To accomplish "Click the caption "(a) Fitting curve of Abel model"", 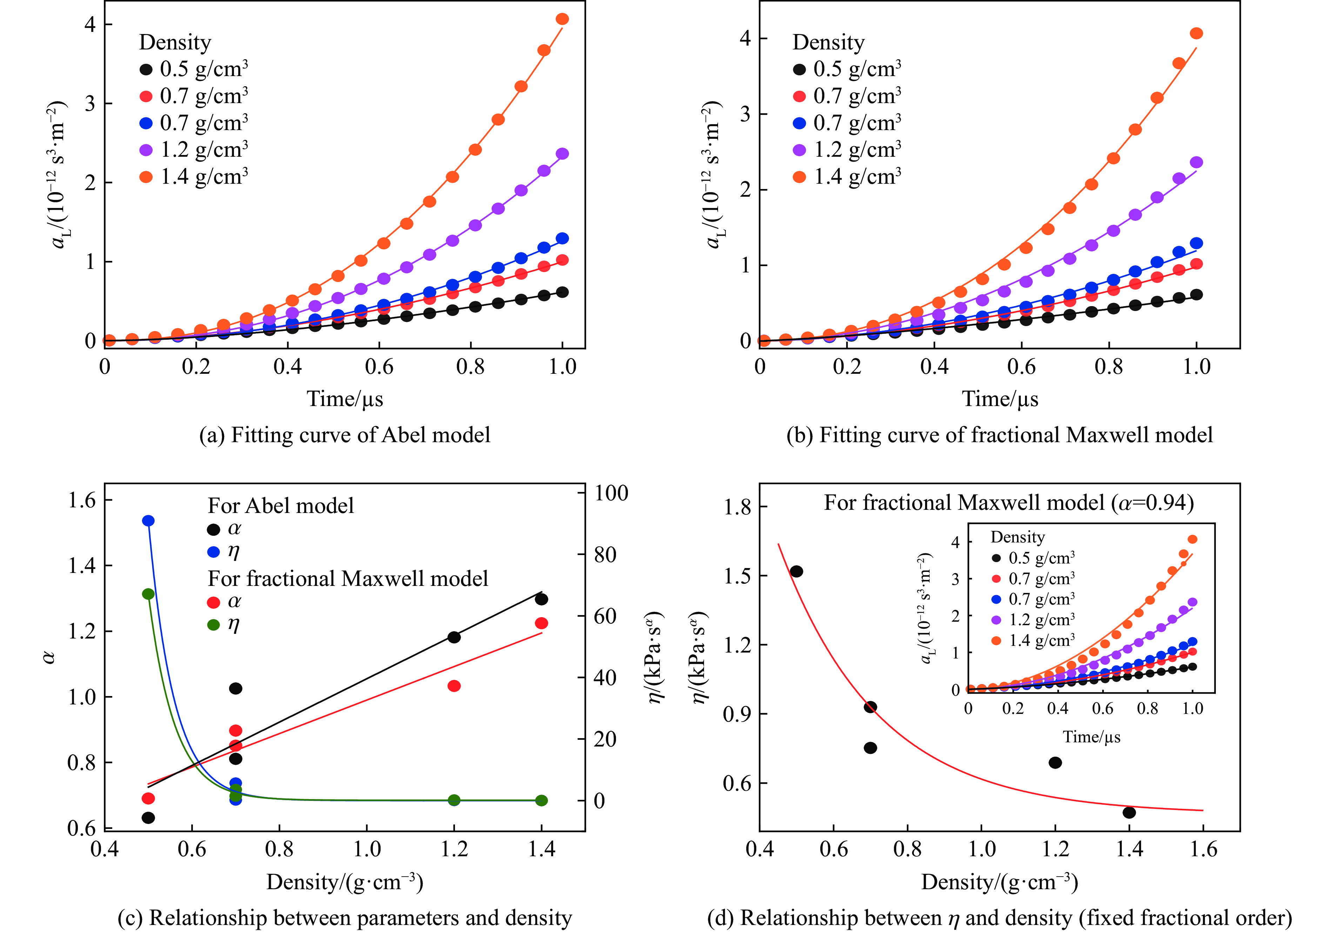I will [x=345, y=435].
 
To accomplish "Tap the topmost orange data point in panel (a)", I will [x=562, y=19].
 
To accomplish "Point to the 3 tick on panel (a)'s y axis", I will [x=90, y=104].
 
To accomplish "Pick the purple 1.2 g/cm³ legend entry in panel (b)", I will [x=847, y=150].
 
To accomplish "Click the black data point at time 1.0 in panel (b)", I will [x=1196, y=295].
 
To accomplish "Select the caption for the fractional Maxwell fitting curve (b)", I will [x=999, y=435].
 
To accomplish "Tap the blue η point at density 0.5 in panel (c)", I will [x=148, y=521].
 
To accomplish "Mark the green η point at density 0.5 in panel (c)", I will [x=148, y=594].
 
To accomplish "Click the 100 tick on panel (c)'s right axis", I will [x=611, y=493].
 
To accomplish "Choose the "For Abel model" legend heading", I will [x=281, y=506].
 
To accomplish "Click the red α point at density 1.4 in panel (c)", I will [x=541, y=623].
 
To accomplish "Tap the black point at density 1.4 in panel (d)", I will [x=1129, y=812].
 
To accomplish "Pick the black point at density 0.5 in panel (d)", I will [x=796, y=572].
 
